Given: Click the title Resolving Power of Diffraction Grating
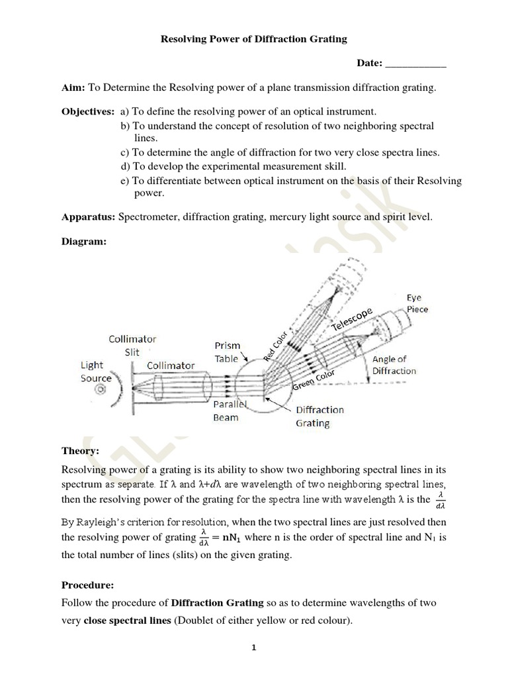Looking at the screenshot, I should pyautogui.click(x=254, y=39).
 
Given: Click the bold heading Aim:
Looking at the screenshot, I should pyautogui.click(x=73, y=88).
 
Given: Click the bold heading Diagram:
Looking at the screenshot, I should pyautogui.click(x=84, y=242).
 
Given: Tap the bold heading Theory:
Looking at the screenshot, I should pyautogui.click(x=80, y=450).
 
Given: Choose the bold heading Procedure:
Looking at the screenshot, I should pyautogui.click(x=87, y=585).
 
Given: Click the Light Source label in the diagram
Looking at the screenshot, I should pyautogui.click(x=96, y=371).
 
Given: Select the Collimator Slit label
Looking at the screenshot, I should pyautogui.click(x=132, y=346).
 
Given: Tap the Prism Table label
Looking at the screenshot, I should pyautogui.click(x=227, y=352).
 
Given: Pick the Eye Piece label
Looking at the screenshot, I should pyautogui.click(x=417, y=303).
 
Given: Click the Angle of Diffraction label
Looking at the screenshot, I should pyautogui.click(x=394, y=365).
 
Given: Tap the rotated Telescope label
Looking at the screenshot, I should pyautogui.click(x=353, y=319).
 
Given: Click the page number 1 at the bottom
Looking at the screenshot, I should pyautogui.click(x=253, y=648).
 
